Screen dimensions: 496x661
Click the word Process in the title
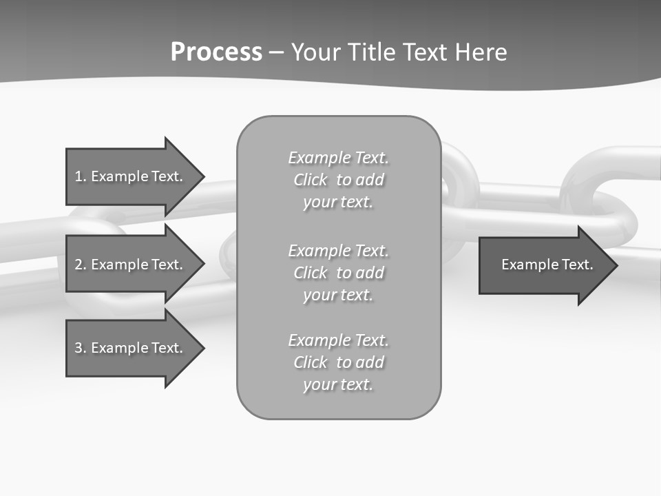point(216,52)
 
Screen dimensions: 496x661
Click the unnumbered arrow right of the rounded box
point(544,265)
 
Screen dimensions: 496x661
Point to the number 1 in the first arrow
point(79,176)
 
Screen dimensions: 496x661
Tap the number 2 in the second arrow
point(79,265)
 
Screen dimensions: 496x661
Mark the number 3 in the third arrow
point(79,348)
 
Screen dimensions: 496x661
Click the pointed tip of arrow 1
point(201,177)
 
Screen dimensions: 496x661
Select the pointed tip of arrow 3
point(201,348)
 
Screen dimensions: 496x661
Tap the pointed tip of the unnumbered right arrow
point(615,265)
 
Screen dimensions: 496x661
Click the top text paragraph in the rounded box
point(338,180)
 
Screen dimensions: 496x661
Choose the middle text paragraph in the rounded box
point(338,273)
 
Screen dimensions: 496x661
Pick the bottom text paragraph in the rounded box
point(338,362)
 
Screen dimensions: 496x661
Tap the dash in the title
point(276,52)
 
